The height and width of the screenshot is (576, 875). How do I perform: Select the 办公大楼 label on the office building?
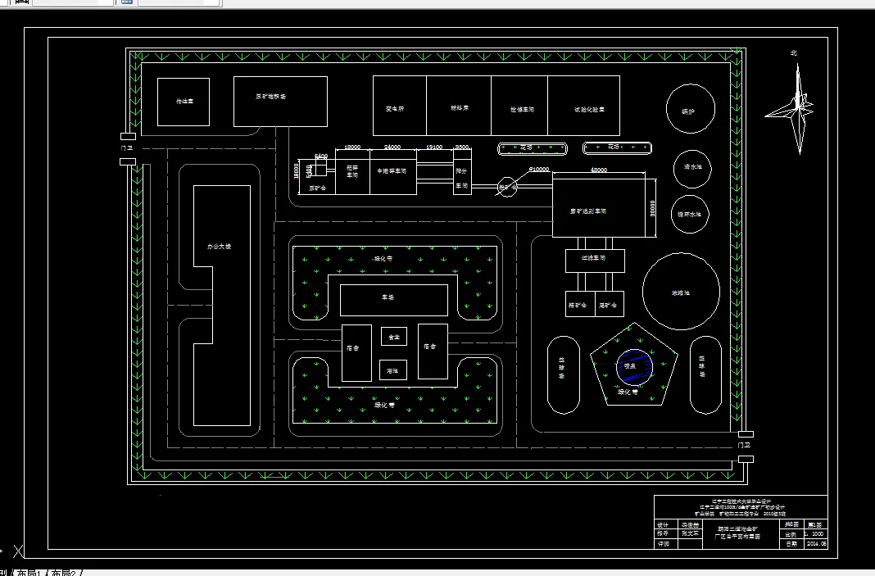tap(219, 246)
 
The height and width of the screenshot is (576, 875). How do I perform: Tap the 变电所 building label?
tap(396, 108)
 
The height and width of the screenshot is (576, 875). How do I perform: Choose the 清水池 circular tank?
tap(693, 167)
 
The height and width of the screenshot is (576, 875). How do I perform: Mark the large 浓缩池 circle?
tap(681, 292)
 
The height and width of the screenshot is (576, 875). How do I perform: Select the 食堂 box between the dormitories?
tap(394, 336)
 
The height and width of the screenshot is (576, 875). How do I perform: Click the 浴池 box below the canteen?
tap(394, 370)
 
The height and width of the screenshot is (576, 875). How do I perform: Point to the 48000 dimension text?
tap(599, 170)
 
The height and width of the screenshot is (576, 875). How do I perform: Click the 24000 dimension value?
tap(392, 147)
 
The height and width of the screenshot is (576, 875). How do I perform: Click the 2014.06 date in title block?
tap(818, 543)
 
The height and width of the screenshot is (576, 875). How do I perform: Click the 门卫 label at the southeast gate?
tap(744, 443)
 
